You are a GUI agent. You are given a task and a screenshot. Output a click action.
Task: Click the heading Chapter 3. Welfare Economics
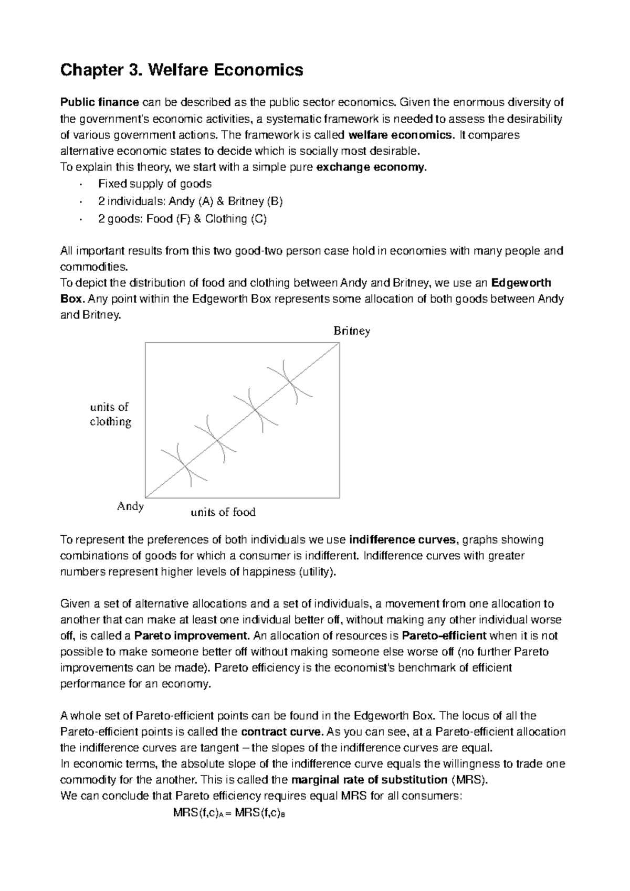[182, 70]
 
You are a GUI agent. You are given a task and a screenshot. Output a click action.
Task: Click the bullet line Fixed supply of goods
[155, 184]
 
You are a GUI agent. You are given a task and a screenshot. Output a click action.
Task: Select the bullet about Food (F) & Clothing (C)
[182, 218]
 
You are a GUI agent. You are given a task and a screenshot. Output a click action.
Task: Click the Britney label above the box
[351, 331]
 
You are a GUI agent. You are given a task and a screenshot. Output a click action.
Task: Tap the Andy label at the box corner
[130, 506]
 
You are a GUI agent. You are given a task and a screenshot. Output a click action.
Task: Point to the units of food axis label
[223, 512]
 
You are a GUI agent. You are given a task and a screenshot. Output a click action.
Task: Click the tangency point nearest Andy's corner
[184, 465]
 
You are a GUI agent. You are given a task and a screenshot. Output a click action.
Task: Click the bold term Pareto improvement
[192, 636]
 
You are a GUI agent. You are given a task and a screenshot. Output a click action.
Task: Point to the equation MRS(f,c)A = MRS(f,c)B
[228, 813]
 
